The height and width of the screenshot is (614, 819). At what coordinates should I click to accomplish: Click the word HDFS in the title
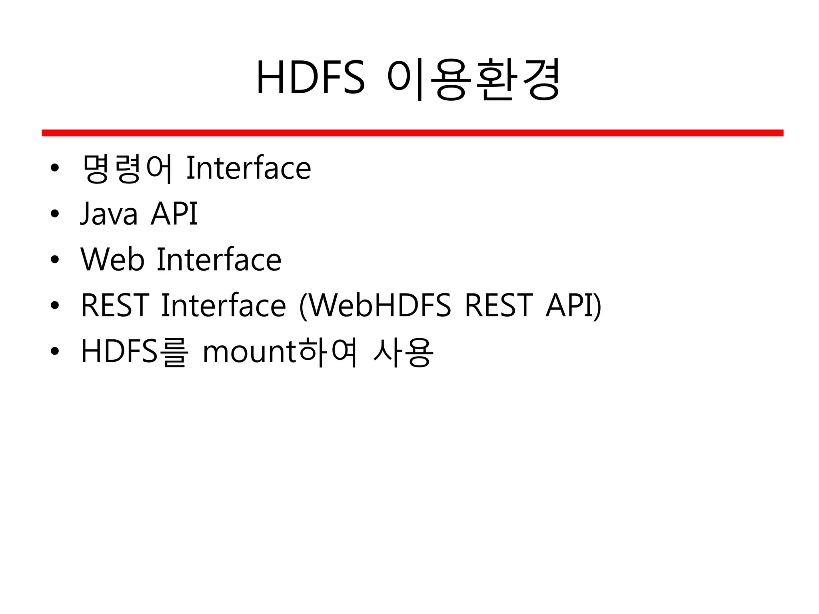[310, 78]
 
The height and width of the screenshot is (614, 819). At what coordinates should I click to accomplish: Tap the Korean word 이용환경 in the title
[473, 79]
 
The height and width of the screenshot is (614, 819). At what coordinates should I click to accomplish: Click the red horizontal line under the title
[412, 133]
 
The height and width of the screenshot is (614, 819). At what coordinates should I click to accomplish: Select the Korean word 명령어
[127, 168]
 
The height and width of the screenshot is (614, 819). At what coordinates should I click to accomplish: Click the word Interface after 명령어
[249, 168]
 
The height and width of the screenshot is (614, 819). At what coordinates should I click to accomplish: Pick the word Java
[109, 214]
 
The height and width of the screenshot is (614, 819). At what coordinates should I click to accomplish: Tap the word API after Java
[174, 214]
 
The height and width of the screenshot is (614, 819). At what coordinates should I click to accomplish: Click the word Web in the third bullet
[112, 260]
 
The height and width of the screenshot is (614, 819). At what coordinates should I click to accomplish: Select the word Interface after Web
[219, 260]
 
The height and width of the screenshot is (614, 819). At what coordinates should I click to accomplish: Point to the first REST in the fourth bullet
[115, 306]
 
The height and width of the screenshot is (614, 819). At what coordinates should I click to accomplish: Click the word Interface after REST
[224, 306]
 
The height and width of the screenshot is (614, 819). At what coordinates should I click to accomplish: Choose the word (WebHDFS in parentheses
[376, 306]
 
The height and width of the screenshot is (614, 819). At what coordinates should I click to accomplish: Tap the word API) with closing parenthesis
[573, 306]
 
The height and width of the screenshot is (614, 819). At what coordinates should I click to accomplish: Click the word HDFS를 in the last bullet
[134, 352]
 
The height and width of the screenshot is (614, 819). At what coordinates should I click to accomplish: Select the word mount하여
[280, 352]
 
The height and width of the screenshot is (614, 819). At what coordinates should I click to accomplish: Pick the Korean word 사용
[403, 352]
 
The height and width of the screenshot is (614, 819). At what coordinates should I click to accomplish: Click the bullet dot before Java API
[55, 214]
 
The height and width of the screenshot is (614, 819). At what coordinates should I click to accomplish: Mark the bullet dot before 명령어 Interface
[55, 168]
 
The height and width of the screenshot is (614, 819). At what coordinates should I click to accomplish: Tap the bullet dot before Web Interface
[55, 260]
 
